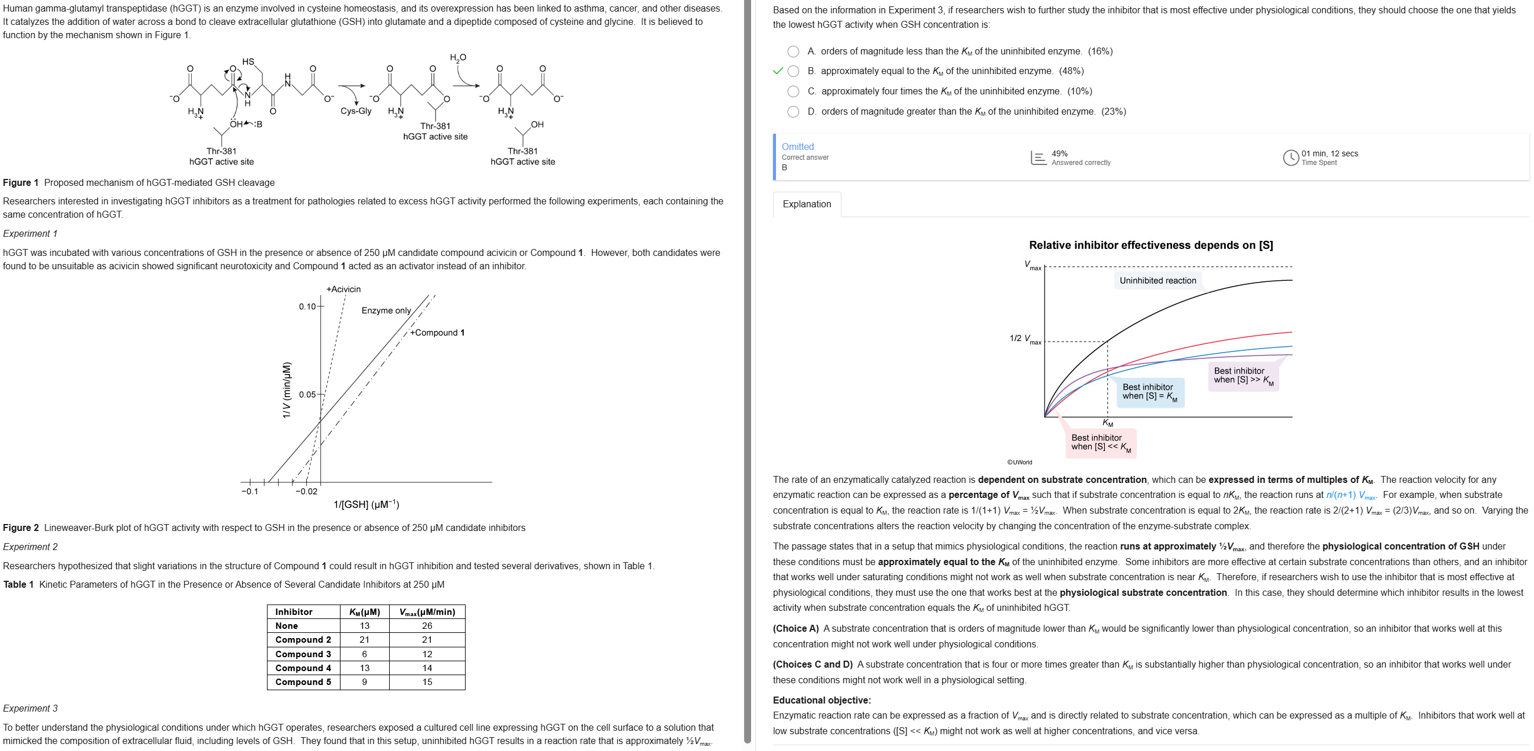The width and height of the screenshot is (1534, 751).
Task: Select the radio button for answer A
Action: [793, 52]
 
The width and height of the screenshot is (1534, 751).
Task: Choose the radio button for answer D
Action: [793, 112]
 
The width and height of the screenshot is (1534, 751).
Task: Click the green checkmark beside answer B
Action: [777, 71]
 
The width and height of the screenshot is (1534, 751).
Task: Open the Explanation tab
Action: [806, 204]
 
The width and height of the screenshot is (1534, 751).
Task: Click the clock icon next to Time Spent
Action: [1290, 158]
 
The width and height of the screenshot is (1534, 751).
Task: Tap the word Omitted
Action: [797, 146]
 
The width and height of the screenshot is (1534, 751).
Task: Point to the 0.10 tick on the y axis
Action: [307, 307]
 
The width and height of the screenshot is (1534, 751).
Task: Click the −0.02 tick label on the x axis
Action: [307, 492]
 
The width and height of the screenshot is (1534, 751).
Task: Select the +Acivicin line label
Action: [343, 290]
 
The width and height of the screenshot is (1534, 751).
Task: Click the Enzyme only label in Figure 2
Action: [386, 310]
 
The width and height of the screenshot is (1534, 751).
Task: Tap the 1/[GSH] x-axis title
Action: [366, 505]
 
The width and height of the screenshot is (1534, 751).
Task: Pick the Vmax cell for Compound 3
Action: [427, 654]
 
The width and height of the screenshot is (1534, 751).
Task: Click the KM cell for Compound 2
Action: [364, 640]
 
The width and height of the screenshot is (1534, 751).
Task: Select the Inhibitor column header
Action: [294, 611]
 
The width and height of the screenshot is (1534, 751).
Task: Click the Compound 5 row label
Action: [303, 682]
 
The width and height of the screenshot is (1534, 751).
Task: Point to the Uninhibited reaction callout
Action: [1157, 280]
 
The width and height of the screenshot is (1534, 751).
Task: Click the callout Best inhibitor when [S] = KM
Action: [1149, 392]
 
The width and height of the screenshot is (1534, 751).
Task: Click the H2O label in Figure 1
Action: [458, 58]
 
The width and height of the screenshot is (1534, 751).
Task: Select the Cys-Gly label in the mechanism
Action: [356, 111]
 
